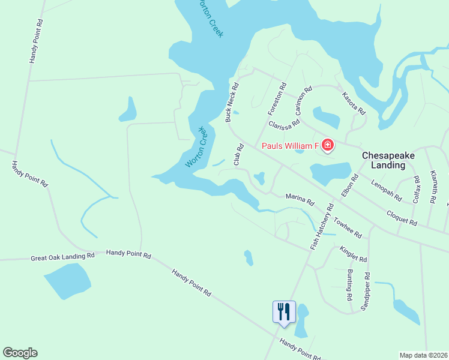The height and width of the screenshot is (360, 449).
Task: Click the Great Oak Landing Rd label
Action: [63, 257]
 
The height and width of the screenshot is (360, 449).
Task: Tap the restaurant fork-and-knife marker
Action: [284, 312]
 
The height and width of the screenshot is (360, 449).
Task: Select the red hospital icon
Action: [327, 145]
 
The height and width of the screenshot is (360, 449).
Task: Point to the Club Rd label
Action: [238, 155]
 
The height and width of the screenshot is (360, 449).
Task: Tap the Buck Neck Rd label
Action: [232, 103]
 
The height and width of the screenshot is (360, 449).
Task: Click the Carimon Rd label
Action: [304, 100]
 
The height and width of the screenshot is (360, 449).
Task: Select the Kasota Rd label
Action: [354, 103]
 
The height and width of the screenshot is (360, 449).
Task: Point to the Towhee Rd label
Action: [348, 227]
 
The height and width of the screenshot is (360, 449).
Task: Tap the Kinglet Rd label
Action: [353, 254]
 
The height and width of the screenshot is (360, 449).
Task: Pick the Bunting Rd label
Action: [349, 284]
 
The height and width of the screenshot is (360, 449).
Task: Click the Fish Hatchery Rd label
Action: [321, 227]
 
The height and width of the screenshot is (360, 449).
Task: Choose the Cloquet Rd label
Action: [402, 218]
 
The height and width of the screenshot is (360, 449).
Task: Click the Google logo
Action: [20, 353]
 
